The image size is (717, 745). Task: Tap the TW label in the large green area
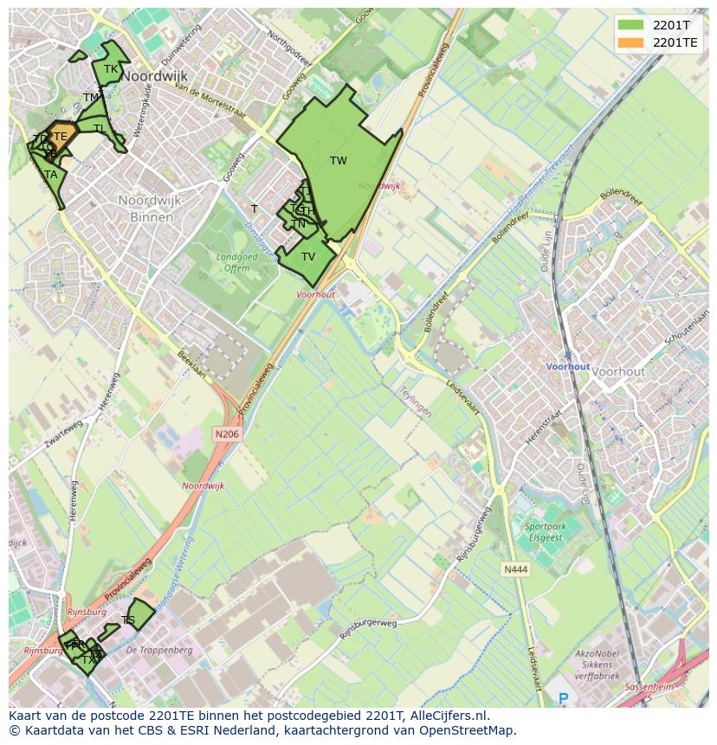coord(339,161)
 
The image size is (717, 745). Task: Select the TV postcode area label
coord(308,257)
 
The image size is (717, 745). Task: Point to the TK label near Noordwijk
coord(111,69)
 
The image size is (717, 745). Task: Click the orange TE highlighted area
coord(59,136)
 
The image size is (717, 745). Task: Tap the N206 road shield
coord(226,434)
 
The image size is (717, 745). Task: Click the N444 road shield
coord(514,569)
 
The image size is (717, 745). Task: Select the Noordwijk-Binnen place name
coord(152,209)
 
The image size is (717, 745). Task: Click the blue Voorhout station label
coord(567,367)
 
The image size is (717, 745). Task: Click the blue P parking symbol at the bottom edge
coord(564,698)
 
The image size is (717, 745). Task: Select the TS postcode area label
coord(128,620)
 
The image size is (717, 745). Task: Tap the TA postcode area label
coord(51,175)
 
